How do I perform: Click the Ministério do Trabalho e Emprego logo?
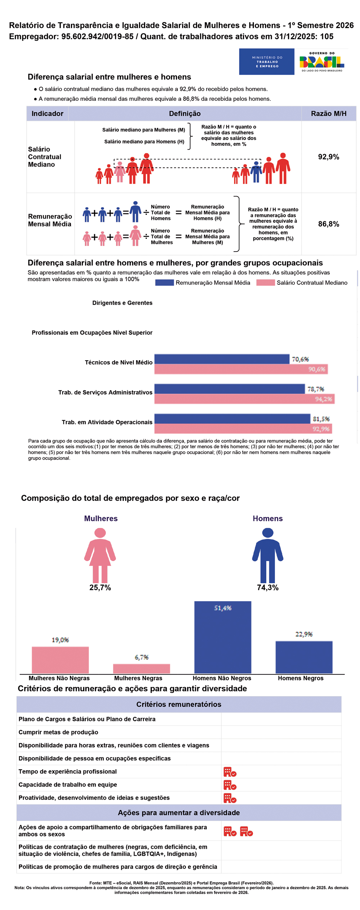point(267,62)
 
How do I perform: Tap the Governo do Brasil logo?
point(321,62)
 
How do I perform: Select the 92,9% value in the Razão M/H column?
point(328,157)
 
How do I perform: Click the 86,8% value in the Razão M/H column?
point(328,224)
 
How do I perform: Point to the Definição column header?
point(185,114)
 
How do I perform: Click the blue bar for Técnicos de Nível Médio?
point(222,359)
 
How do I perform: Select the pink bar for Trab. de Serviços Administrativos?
point(244,399)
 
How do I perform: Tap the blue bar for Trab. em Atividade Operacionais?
point(232,419)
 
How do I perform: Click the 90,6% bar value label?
point(316,369)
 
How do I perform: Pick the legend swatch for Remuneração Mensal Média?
point(165,283)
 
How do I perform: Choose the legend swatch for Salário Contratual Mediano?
point(265,283)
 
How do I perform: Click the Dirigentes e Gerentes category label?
point(122,303)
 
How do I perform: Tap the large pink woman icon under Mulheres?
point(100,555)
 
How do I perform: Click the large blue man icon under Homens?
point(267,555)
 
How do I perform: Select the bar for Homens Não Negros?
point(223,637)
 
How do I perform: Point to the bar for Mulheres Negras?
point(141,669)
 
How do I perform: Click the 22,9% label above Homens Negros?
point(304,634)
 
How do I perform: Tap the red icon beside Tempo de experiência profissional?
point(230,772)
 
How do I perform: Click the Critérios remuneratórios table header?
point(179,705)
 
